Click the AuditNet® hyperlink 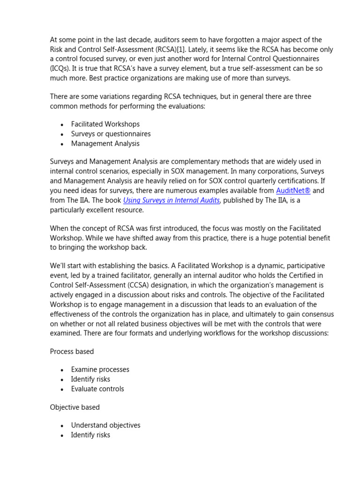(x=293, y=191)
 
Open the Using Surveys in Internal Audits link (x=171, y=201)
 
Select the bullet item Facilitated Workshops (x=105, y=124)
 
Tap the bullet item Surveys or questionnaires (x=111, y=134)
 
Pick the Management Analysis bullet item (x=105, y=143)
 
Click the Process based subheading (x=72, y=352)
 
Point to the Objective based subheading (x=75, y=407)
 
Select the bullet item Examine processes (x=100, y=369)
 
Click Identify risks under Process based (x=90, y=379)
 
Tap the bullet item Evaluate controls (x=97, y=389)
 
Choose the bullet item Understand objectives (x=105, y=425)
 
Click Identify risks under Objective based (x=90, y=435)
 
